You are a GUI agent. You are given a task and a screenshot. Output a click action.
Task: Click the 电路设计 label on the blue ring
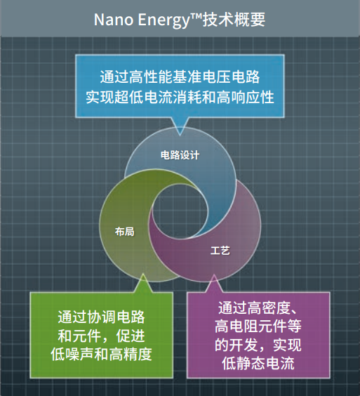click(180, 156)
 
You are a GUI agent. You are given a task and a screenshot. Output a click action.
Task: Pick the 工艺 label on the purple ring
click(220, 249)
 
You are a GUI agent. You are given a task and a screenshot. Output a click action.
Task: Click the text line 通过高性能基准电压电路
click(181, 74)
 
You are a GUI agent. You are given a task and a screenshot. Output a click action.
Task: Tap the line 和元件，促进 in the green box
click(102, 334)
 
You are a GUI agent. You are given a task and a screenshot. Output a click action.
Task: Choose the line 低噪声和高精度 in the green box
click(102, 353)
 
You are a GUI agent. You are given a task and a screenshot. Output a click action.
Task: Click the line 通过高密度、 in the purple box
click(260, 308)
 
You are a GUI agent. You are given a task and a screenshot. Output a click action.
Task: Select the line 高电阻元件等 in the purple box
click(260, 326)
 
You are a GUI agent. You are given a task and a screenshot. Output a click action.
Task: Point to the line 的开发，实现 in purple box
click(260, 345)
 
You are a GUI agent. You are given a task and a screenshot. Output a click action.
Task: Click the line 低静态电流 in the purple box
click(260, 364)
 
